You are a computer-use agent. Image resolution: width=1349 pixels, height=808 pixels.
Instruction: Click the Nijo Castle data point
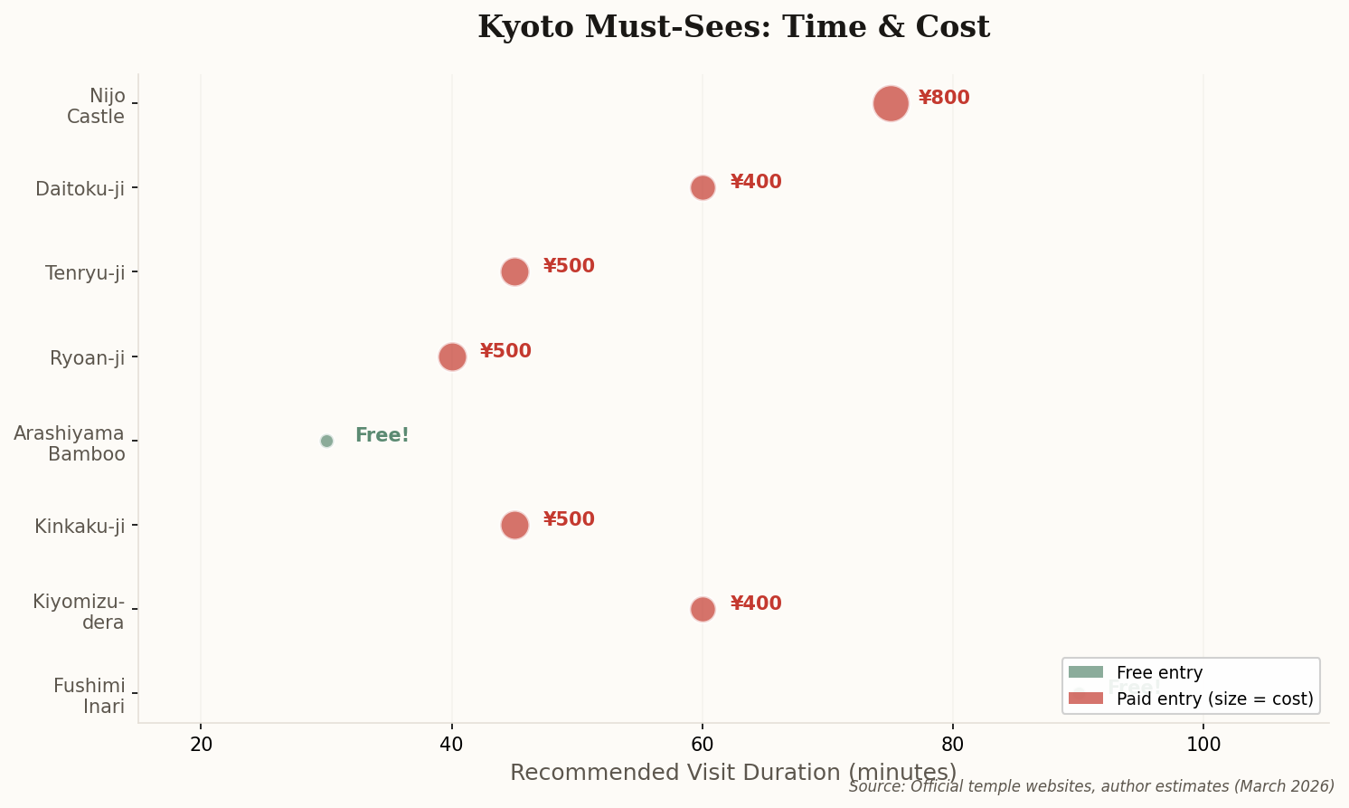(891, 103)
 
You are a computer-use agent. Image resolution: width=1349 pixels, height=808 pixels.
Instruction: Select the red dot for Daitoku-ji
(703, 187)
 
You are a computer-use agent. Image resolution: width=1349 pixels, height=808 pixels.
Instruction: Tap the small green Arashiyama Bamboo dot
(326, 441)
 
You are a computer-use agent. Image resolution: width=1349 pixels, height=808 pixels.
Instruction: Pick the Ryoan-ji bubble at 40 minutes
(452, 356)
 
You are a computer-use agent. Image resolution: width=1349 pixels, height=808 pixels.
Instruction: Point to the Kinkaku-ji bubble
(514, 525)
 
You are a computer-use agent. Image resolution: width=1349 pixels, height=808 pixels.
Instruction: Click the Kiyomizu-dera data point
(703, 609)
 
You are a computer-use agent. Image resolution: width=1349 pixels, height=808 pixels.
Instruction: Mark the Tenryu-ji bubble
(514, 271)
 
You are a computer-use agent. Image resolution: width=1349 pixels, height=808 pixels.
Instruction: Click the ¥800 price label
(944, 98)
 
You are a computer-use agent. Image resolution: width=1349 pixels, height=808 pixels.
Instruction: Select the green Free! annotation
(382, 435)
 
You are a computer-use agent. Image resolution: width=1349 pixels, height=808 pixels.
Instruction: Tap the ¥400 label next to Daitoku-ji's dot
(756, 182)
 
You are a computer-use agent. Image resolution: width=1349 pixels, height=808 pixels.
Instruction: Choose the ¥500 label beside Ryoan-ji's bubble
(505, 351)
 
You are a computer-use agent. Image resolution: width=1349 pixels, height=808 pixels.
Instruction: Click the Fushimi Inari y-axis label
(89, 696)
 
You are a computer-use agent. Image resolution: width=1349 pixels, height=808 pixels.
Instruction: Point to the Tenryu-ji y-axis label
(85, 272)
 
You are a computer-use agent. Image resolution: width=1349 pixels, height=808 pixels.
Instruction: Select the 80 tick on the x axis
(953, 744)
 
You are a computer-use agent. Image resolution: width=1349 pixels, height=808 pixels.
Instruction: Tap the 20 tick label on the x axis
(201, 744)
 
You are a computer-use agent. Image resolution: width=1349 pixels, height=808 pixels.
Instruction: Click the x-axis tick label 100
(1203, 744)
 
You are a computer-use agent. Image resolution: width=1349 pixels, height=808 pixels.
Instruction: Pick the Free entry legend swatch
(1086, 672)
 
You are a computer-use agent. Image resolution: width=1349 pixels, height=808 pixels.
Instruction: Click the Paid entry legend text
(1214, 699)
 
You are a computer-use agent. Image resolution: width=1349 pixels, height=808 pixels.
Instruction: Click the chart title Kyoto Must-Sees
(733, 27)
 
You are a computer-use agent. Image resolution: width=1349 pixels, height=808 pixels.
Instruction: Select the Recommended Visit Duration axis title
(733, 772)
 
